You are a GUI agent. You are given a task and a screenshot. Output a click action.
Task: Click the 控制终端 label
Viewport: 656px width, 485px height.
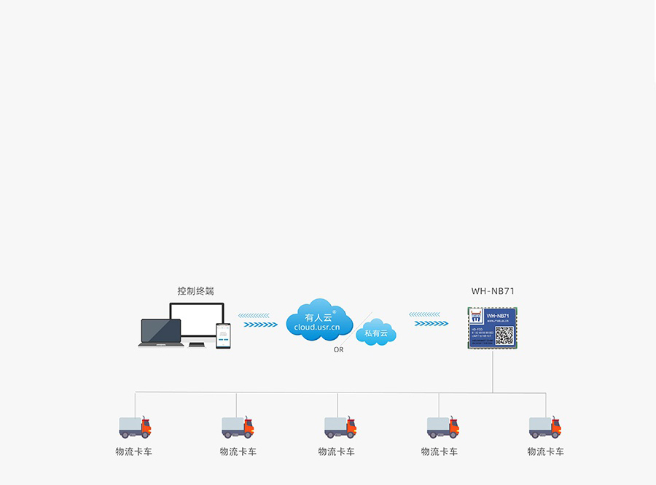coord(195,291)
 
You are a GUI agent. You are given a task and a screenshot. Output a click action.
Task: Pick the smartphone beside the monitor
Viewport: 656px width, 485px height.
coord(223,335)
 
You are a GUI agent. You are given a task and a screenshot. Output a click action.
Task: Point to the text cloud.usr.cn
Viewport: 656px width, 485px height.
coord(317,328)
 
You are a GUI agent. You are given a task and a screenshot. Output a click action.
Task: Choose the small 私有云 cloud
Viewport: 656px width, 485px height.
coord(376,333)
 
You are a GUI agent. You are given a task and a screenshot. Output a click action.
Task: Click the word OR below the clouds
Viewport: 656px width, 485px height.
coord(338,350)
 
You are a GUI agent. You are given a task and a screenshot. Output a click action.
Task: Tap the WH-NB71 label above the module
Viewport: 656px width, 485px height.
coord(493,291)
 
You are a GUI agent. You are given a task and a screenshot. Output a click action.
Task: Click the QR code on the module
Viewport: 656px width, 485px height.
coord(504,335)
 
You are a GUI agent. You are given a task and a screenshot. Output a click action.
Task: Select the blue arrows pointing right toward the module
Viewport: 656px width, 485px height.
coord(432,323)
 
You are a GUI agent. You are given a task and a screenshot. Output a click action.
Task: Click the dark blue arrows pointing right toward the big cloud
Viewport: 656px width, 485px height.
coord(259,324)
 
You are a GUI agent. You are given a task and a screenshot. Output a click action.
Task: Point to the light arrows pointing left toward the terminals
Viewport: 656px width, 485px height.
coord(254,316)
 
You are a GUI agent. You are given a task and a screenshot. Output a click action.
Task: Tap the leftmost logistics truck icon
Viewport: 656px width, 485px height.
coord(135,427)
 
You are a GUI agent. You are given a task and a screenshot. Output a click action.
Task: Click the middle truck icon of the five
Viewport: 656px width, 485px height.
coord(340,427)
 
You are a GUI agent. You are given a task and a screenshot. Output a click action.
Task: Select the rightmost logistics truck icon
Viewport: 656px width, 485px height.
coord(545,427)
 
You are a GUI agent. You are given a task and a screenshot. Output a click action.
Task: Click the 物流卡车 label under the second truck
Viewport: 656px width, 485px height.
coord(238,452)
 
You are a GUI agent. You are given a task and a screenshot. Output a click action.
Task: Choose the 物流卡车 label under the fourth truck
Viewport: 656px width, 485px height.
coord(440,452)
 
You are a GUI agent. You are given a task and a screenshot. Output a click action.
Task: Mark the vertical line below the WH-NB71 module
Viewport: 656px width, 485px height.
coord(493,372)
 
